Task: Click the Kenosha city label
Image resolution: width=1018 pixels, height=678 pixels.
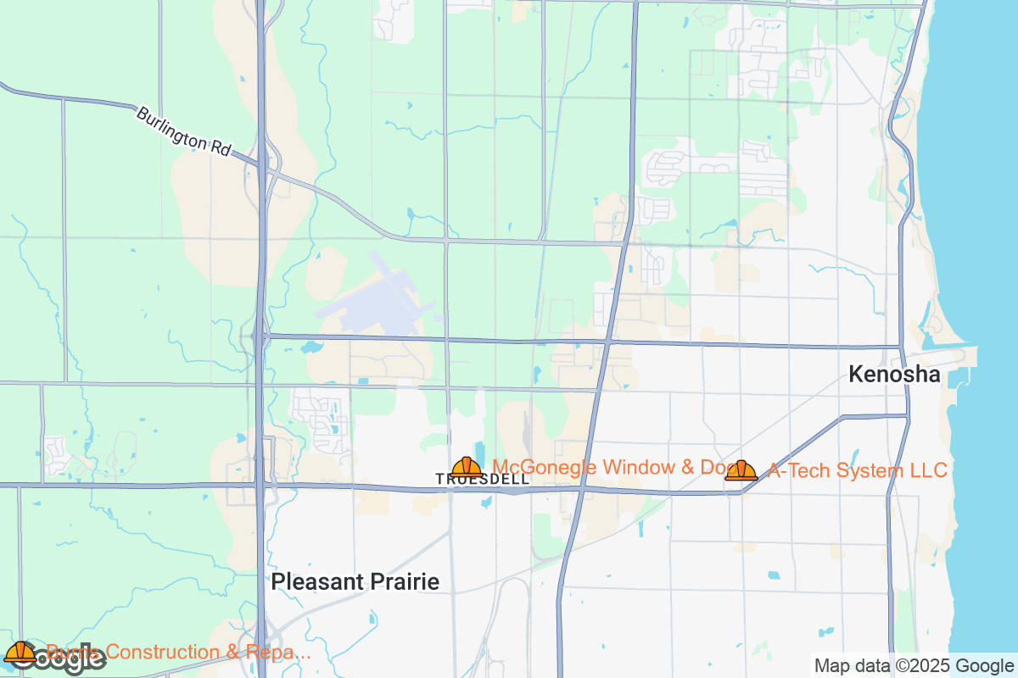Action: (894, 375)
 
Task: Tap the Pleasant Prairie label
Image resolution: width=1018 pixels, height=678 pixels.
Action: (355, 582)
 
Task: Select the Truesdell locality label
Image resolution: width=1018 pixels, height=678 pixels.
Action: (482, 479)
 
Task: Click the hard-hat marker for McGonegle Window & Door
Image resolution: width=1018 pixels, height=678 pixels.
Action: (467, 467)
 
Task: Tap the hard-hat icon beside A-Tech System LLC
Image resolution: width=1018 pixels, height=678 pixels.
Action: (741, 470)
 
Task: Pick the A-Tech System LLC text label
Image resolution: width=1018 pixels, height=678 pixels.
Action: (857, 470)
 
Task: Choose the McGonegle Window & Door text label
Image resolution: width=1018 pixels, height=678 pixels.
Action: (602, 467)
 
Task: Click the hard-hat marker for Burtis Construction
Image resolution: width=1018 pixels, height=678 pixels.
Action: (20, 653)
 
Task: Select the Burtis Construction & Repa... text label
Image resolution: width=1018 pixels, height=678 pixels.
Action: (178, 652)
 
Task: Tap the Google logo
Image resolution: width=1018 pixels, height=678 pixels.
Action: (55, 659)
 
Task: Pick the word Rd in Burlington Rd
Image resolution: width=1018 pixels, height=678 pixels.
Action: (220, 148)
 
